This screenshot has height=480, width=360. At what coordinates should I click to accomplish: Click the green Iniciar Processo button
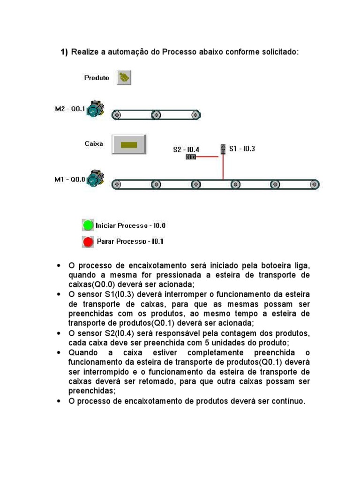(88, 225)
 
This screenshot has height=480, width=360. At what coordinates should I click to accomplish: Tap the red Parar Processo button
(88, 242)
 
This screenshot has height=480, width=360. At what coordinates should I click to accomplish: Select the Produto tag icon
(124, 77)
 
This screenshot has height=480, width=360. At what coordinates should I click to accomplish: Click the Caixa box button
(129, 144)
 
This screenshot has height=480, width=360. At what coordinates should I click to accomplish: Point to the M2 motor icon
(97, 109)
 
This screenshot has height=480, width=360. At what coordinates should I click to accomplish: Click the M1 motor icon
(97, 178)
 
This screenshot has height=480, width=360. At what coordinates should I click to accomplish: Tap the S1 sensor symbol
(223, 149)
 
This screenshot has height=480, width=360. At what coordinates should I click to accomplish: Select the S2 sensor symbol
(191, 157)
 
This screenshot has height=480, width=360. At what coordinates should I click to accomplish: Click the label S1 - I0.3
(242, 149)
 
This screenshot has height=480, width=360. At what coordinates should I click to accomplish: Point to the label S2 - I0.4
(186, 150)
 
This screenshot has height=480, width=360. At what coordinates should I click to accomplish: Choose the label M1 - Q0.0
(70, 179)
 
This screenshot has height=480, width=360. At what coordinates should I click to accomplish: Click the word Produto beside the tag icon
(97, 78)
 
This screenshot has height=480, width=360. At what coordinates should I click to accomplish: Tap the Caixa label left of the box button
(94, 144)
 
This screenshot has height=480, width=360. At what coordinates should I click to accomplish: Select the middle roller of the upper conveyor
(156, 114)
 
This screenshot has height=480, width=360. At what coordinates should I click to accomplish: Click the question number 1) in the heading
(64, 52)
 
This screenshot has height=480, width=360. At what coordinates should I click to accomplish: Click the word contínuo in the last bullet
(288, 401)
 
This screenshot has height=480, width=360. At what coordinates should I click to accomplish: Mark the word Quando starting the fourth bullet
(83, 352)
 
